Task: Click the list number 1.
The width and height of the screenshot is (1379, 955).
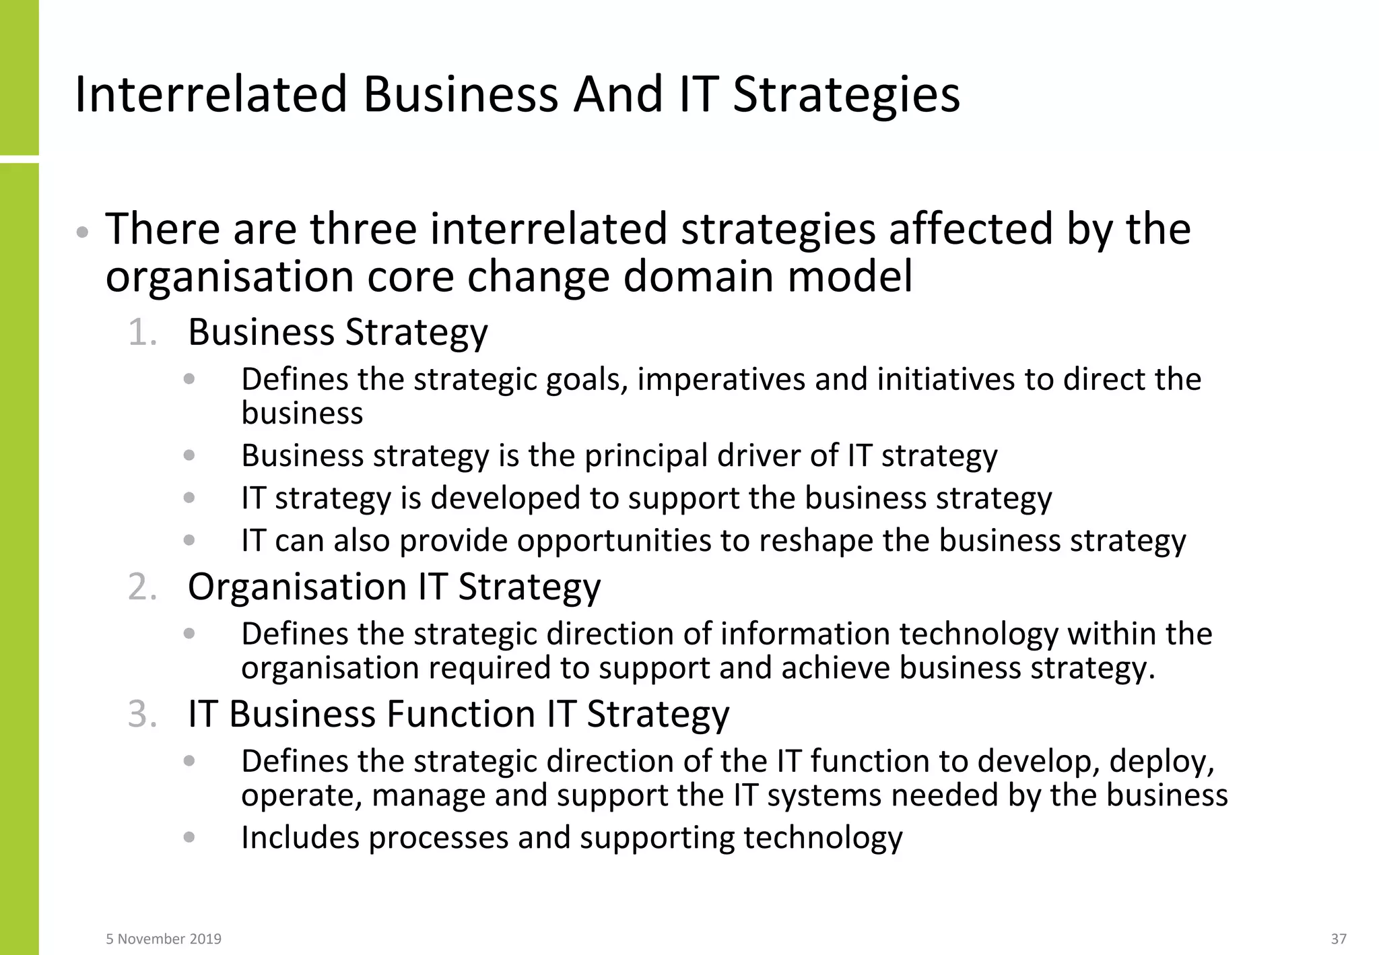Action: point(142,333)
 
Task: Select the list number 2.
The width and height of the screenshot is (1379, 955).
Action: point(142,587)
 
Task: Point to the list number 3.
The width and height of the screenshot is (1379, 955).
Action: point(142,715)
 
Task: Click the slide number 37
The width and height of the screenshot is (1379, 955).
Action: point(1339,939)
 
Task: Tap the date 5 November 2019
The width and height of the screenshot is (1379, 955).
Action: point(164,939)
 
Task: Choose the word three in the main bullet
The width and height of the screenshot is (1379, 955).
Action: point(363,229)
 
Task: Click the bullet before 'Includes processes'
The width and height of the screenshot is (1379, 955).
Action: point(189,837)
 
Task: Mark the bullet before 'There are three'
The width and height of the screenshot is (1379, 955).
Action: point(82,233)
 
